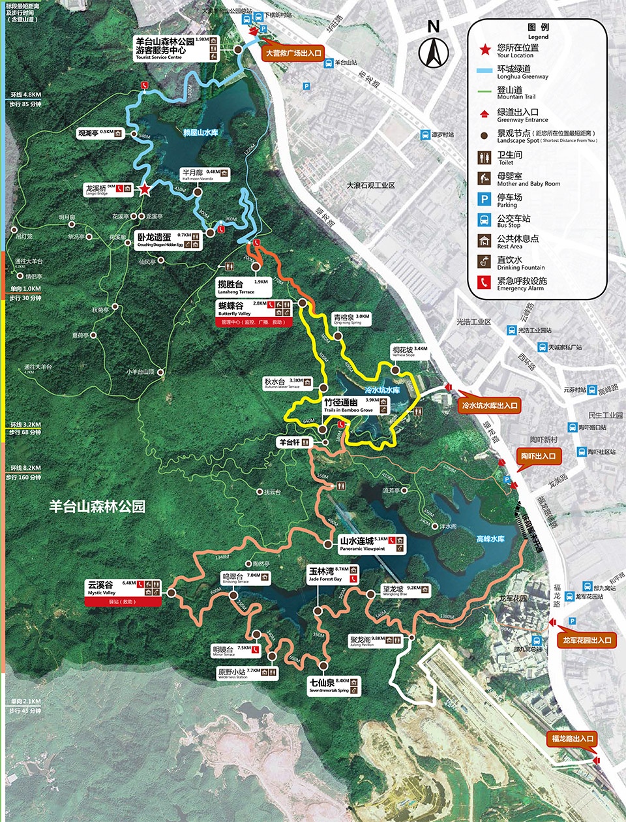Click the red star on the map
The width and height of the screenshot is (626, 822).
145,190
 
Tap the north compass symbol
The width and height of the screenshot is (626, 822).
434,50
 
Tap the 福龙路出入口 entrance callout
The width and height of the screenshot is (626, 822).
572,739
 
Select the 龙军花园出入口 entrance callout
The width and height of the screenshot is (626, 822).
588,641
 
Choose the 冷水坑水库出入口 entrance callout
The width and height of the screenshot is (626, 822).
490,406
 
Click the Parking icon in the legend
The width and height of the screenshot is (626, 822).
484,199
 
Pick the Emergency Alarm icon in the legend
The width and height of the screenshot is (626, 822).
484,283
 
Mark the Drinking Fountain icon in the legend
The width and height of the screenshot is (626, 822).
484,262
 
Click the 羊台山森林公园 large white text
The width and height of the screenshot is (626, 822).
97,506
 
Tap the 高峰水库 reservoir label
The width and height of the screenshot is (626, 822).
490,539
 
